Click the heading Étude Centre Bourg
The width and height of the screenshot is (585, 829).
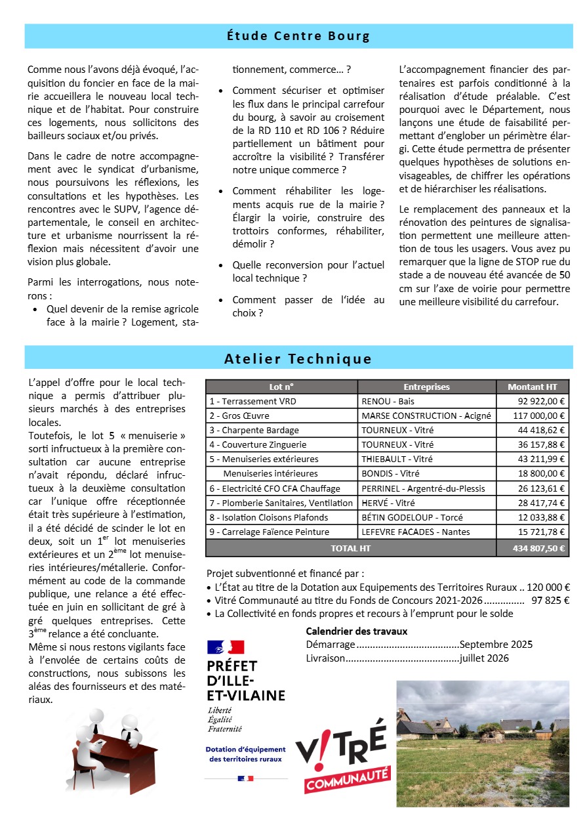298,36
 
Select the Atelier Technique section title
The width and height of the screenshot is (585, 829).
298,358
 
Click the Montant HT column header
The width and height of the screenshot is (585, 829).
533,387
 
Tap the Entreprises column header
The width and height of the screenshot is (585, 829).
426,387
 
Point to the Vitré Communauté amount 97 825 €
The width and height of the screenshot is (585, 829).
550,600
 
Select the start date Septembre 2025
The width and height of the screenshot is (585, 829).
496,645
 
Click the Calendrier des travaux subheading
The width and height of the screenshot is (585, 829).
357,631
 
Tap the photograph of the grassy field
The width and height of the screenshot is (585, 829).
483,744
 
